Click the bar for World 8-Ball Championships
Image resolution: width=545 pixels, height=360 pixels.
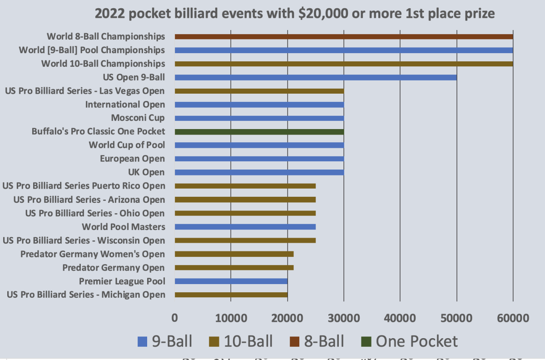pyautogui.click(x=344, y=36)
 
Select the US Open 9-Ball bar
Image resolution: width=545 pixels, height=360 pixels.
pyautogui.click(x=316, y=77)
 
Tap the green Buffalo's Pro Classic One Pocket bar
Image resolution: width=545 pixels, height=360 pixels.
pyautogui.click(x=259, y=132)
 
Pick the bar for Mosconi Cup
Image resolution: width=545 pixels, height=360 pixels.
pyautogui.click(x=259, y=118)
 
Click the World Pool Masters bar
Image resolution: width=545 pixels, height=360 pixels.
pyautogui.click(x=245, y=227)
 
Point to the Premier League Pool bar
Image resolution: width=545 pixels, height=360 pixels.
pyautogui.click(x=231, y=281)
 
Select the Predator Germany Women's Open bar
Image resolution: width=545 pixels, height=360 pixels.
pyautogui.click(x=234, y=254)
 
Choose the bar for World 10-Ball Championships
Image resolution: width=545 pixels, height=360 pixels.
pyautogui.click(x=344, y=64)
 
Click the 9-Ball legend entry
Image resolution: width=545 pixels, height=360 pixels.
pyautogui.click(x=165, y=341)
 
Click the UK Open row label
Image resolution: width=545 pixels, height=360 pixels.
pyautogui.click(x=148, y=172)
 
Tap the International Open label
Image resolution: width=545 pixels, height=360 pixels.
pyautogui.click(x=125, y=105)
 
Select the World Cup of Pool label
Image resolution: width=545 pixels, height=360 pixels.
pyautogui.click(x=127, y=145)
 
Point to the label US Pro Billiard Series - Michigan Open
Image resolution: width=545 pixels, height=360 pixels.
pyautogui.click(x=86, y=295)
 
